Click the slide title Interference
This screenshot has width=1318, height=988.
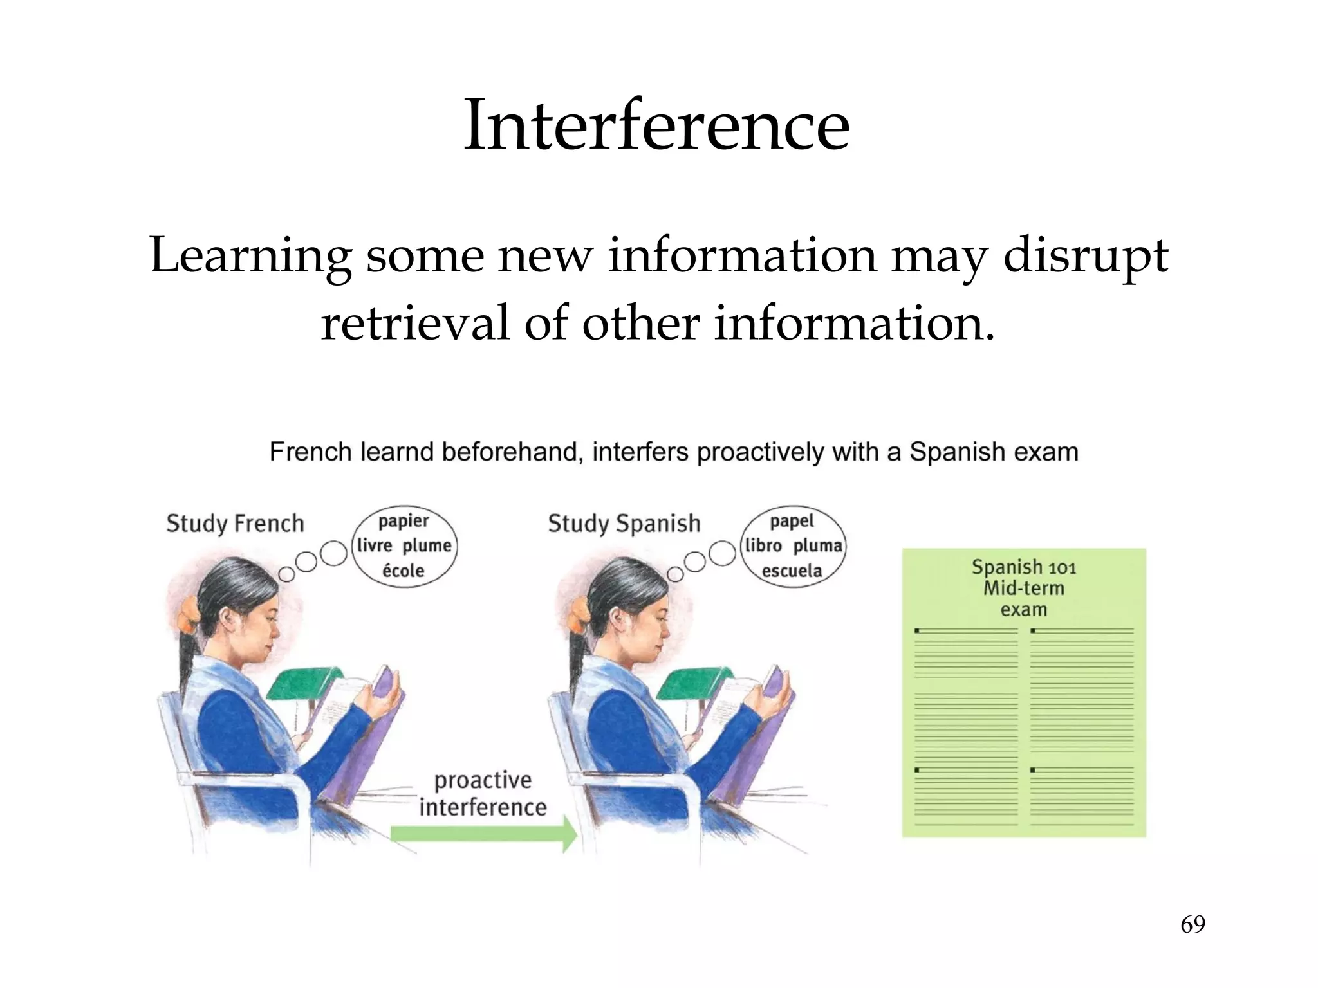coord(656,125)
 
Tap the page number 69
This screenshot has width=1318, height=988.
coord(1193,924)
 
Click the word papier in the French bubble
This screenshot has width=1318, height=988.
coord(404,521)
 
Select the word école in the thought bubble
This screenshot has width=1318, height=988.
coord(404,571)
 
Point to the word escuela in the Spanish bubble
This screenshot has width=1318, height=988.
coord(792,571)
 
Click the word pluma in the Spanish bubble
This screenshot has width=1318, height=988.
coord(817,545)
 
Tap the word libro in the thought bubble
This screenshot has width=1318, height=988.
coord(764,545)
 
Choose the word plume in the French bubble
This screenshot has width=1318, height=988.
coord(427,545)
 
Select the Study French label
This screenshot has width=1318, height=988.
coord(235,524)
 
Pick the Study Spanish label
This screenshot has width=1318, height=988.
coord(624,524)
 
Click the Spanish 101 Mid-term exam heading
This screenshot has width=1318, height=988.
coord(1023,588)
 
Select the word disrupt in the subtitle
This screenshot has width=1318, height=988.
coord(1085,255)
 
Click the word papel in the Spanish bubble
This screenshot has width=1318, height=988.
coord(792,521)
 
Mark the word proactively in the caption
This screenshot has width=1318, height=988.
coord(760,452)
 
